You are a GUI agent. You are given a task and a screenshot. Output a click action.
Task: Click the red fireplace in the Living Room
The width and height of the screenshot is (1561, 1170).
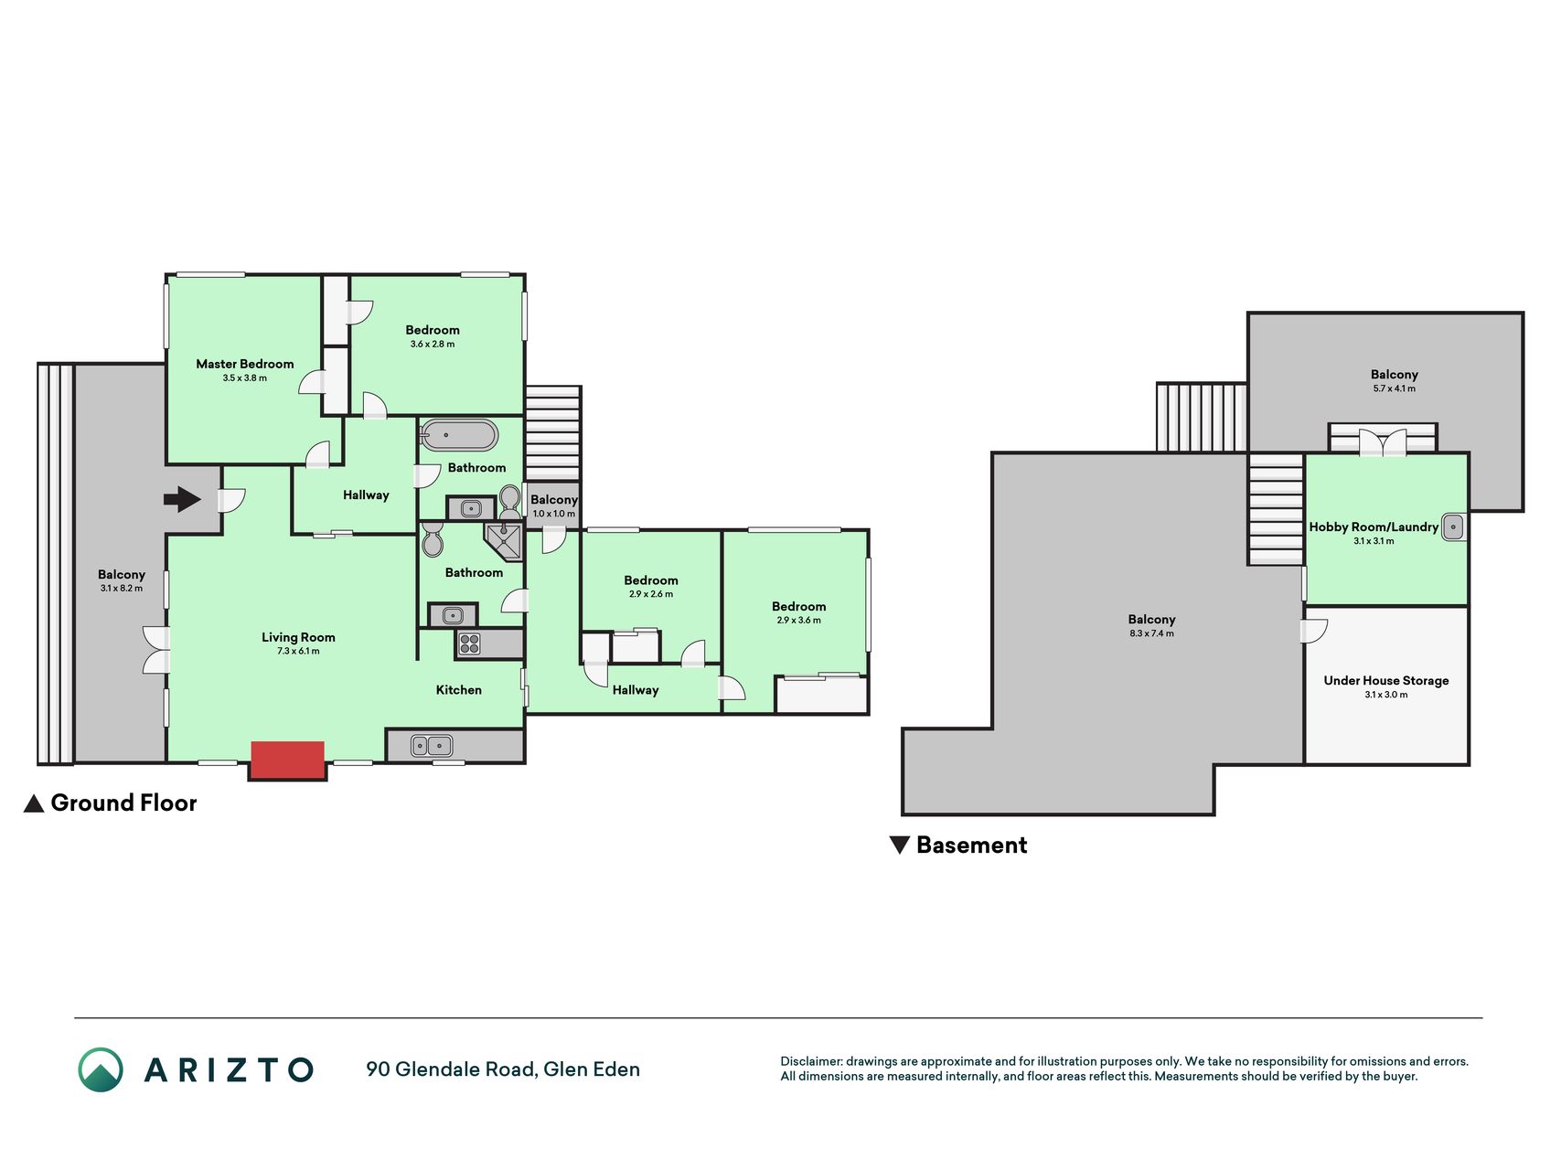click(x=287, y=760)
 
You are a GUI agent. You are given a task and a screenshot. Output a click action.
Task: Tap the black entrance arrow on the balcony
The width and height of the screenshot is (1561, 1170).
click(x=182, y=499)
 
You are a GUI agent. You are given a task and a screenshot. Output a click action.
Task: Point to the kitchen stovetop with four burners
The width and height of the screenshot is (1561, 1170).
click(x=469, y=644)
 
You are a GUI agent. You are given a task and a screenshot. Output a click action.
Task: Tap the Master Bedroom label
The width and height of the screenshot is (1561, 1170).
click(x=245, y=364)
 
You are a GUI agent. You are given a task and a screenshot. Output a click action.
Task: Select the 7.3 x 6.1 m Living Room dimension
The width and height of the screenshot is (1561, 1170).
click(x=298, y=652)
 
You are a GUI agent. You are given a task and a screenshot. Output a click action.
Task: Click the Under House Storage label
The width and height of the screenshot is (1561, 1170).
click(x=1386, y=681)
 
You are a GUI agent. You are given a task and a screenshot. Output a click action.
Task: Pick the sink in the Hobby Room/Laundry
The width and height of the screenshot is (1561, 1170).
click(x=1452, y=527)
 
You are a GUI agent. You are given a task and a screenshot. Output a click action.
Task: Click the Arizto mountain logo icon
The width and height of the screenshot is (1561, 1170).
click(x=101, y=1069)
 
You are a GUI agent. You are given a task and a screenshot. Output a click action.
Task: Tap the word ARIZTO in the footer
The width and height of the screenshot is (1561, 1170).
click(x=229, y=1069)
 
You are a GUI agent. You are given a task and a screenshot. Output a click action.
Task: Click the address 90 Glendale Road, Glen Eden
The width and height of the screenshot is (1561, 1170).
click(x=503, y=1069)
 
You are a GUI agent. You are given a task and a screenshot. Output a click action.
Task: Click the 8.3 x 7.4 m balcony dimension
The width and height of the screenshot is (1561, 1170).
click(x=1151, y=633)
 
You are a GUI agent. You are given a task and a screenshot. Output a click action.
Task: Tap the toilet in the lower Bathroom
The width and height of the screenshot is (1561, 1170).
click(x=432, y=540)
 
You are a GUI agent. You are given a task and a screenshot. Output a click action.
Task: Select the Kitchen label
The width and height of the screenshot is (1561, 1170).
click(x=458, y=690)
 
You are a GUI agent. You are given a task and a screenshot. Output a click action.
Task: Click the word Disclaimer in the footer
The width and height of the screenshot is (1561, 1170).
click(x=810, y=1061)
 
